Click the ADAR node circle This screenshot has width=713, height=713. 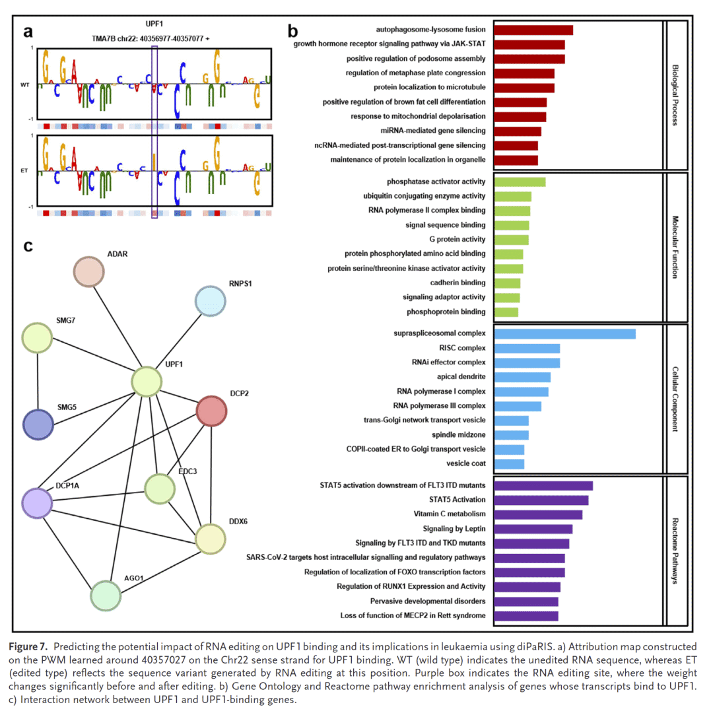point(88,273)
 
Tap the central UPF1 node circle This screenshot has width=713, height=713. point(147,382)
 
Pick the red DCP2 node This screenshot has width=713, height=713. point(212,411)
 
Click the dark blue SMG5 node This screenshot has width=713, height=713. point(38,424)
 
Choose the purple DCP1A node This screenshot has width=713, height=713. point(37,503)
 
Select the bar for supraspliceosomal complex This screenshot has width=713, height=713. point(564,333)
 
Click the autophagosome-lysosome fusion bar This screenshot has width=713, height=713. point(533,30)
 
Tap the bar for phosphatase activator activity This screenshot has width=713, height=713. point(520,182)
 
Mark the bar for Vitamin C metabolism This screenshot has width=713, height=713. point(538,514)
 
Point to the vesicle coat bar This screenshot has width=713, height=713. point(509,463)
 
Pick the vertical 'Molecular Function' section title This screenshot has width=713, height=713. point(674,247)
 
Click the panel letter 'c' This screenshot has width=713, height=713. point(28,246)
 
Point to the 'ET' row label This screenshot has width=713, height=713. point(24,170)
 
